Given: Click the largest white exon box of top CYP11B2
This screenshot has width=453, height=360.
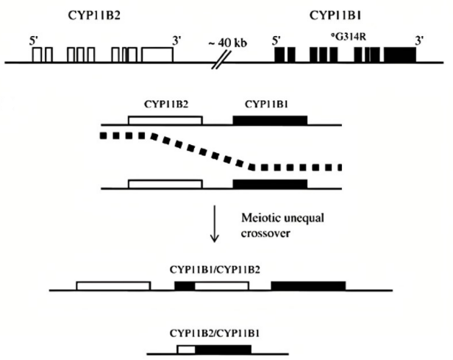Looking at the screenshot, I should [x=157, y=56].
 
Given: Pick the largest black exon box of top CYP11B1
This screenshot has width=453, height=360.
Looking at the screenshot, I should [x=399, y=56].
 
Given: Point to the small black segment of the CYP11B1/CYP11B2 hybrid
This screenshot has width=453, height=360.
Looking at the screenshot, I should [x=185, y=286].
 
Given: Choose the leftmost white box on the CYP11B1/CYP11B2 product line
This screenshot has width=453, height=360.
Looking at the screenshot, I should [x=113, y=286].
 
